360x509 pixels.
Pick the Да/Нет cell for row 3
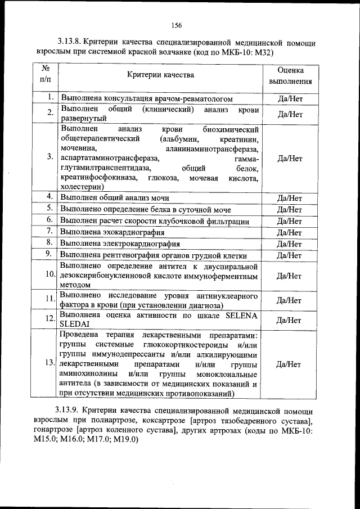(290, 158)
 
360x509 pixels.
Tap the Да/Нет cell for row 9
(290, 255)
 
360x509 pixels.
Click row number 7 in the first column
(49, 231)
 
